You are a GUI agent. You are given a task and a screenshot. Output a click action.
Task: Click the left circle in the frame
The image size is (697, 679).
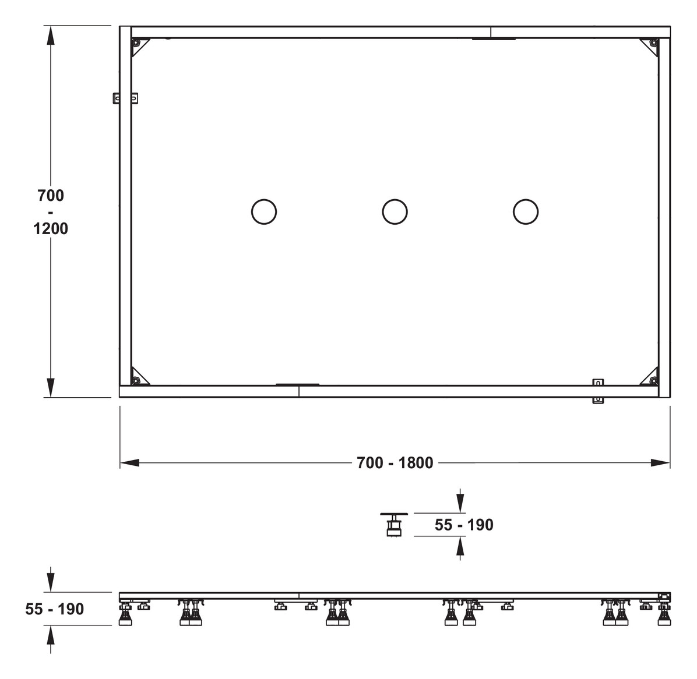(x=263, y=211)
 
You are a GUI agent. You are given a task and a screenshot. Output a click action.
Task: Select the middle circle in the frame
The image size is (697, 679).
(x=395, y=211)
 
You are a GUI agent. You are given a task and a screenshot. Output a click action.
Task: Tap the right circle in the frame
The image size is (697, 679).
(x=525, y=211)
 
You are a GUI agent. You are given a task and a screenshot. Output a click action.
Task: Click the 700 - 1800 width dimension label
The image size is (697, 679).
(x=395, y=463)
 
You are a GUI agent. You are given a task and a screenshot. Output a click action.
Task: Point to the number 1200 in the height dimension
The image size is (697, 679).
(x=51, y=229)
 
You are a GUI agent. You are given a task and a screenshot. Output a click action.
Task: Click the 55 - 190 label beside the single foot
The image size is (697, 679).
(x=464, y=525)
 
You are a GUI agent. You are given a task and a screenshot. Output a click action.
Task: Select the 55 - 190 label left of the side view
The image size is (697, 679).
(x=55, y=609)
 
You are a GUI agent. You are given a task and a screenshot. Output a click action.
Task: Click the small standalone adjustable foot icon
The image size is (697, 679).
(x=394, y=524)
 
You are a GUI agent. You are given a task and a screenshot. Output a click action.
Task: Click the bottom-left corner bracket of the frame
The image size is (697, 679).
(x=139, y=377)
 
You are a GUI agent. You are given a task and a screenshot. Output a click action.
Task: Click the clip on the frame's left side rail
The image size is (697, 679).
(x=125, y=98)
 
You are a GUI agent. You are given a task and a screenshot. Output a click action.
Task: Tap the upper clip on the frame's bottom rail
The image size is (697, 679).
(x=597, y=383)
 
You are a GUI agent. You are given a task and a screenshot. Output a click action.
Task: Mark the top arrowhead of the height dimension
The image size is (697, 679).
(x=51, y=36)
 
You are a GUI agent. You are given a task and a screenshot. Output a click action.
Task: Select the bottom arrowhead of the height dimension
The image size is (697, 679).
(x=51, y=387)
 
